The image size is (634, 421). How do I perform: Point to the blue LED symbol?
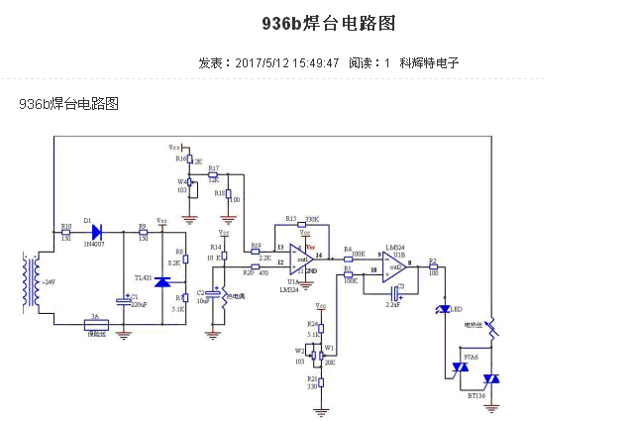pos(445,310)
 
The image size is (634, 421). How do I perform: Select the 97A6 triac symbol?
pos(460,368)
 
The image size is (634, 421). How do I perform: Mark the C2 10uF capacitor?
pos(211,293)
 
